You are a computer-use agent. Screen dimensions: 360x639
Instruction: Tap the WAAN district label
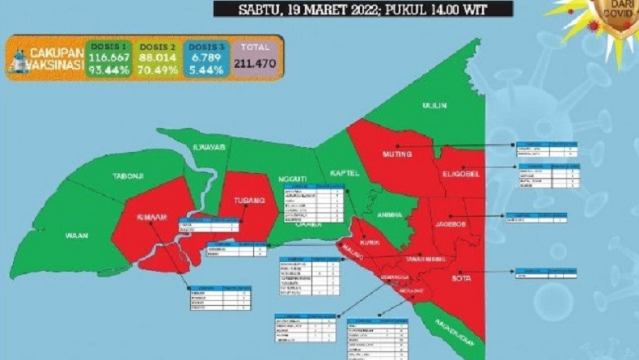(77, 235)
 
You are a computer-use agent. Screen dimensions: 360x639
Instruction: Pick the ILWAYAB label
(207, 146)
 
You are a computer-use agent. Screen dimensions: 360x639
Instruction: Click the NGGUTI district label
(292, 179)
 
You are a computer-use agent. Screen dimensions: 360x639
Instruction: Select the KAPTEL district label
(342, 173)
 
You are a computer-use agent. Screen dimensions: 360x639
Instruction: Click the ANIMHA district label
(391, 214)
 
